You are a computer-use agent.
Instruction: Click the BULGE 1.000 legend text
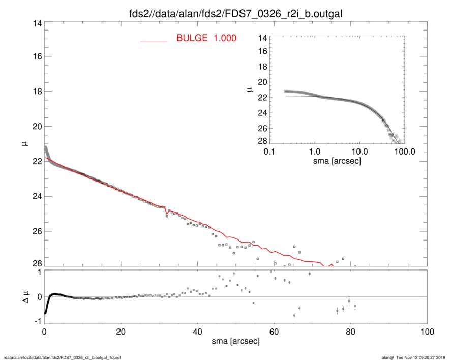(x=206, y=38)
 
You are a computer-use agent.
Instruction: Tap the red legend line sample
(x=154, y=40)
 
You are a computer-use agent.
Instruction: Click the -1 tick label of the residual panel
(x=36, y=321)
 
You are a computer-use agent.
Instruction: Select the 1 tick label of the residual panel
(x=38, y=272)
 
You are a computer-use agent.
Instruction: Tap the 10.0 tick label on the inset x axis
(x=359, y=152)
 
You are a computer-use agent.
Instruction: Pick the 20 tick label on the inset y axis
(x=263, y=81)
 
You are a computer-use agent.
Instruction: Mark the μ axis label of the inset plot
(x=250, y=89)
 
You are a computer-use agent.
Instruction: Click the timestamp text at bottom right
(x=412, y=357)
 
